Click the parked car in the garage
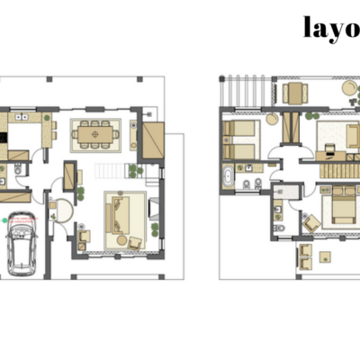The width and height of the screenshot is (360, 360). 22,244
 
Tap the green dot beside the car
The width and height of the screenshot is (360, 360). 4,220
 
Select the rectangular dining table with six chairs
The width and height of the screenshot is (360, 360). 95,134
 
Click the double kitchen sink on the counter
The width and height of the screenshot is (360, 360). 22,117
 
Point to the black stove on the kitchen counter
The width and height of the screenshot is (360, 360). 3,138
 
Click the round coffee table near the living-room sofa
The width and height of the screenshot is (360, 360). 121,240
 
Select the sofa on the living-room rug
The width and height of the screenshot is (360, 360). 117,215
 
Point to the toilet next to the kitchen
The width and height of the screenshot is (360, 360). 18,170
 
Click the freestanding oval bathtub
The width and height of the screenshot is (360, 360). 229,177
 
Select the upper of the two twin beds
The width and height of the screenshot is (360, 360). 238,128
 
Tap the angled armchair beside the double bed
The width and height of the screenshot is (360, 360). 312,223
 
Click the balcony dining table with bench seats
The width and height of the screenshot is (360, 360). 295,93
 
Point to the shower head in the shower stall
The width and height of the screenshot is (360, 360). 281,192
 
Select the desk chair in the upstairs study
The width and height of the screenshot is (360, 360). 330,148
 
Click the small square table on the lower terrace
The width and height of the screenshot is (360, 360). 325,257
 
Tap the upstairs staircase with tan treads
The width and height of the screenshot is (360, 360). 340,171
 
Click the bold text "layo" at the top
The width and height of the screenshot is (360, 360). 331,28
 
